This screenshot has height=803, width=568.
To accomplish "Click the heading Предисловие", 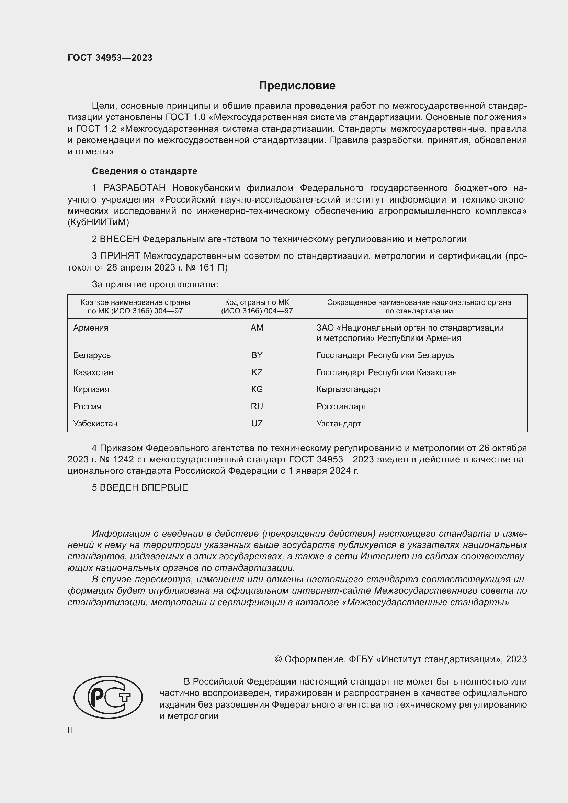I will point(297,86).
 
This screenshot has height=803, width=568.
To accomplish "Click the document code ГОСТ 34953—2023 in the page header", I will point(110,58).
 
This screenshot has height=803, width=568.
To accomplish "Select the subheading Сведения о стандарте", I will point(145,171).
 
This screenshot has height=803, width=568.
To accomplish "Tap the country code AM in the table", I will point(257,328).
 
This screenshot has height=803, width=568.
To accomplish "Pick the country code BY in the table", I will point(257,355).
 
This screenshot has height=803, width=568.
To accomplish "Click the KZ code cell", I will point(257,372).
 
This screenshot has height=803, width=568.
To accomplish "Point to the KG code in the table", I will point(257,389).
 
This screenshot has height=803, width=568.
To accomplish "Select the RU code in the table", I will point(257,406).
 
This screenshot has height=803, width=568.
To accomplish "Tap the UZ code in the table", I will point(257,424).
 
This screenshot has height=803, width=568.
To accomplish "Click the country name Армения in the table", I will point(91,328).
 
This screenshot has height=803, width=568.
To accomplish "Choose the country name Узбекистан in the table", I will point(95,424).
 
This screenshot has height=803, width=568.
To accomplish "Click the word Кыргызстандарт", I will point(349,389).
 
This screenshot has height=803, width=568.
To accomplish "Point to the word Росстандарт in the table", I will point(341,406).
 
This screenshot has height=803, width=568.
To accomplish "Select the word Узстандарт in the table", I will point(339,424).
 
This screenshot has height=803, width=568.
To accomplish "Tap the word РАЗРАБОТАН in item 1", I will point(134,188).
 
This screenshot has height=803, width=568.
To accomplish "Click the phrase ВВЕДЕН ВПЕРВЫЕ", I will point(144,487).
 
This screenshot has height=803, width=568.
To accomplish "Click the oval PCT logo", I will point(108,697).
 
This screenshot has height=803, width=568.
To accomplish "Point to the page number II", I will point(70,731).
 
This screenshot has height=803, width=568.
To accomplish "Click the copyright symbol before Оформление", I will point(278,659).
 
